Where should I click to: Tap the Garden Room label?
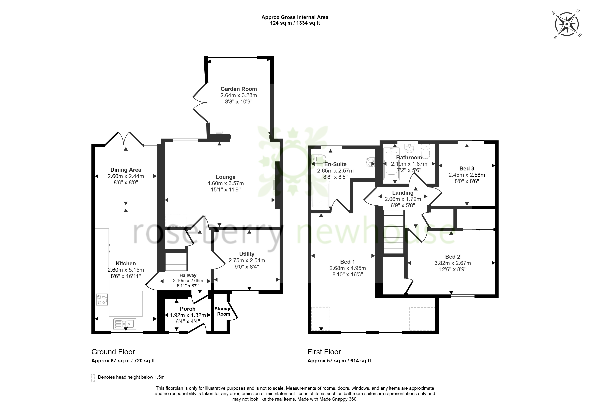239,89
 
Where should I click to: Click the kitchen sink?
125,324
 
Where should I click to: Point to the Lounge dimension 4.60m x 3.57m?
226,183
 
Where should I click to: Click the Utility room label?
247,254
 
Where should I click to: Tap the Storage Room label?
223,311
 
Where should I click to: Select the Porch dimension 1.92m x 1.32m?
188,315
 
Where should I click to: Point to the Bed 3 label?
467,169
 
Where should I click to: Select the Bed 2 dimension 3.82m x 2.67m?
453,263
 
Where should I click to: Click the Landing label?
403,193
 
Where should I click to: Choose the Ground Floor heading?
113,352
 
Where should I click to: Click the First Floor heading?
324,352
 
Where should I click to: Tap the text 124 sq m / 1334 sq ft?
295,23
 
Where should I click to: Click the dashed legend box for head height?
93,378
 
